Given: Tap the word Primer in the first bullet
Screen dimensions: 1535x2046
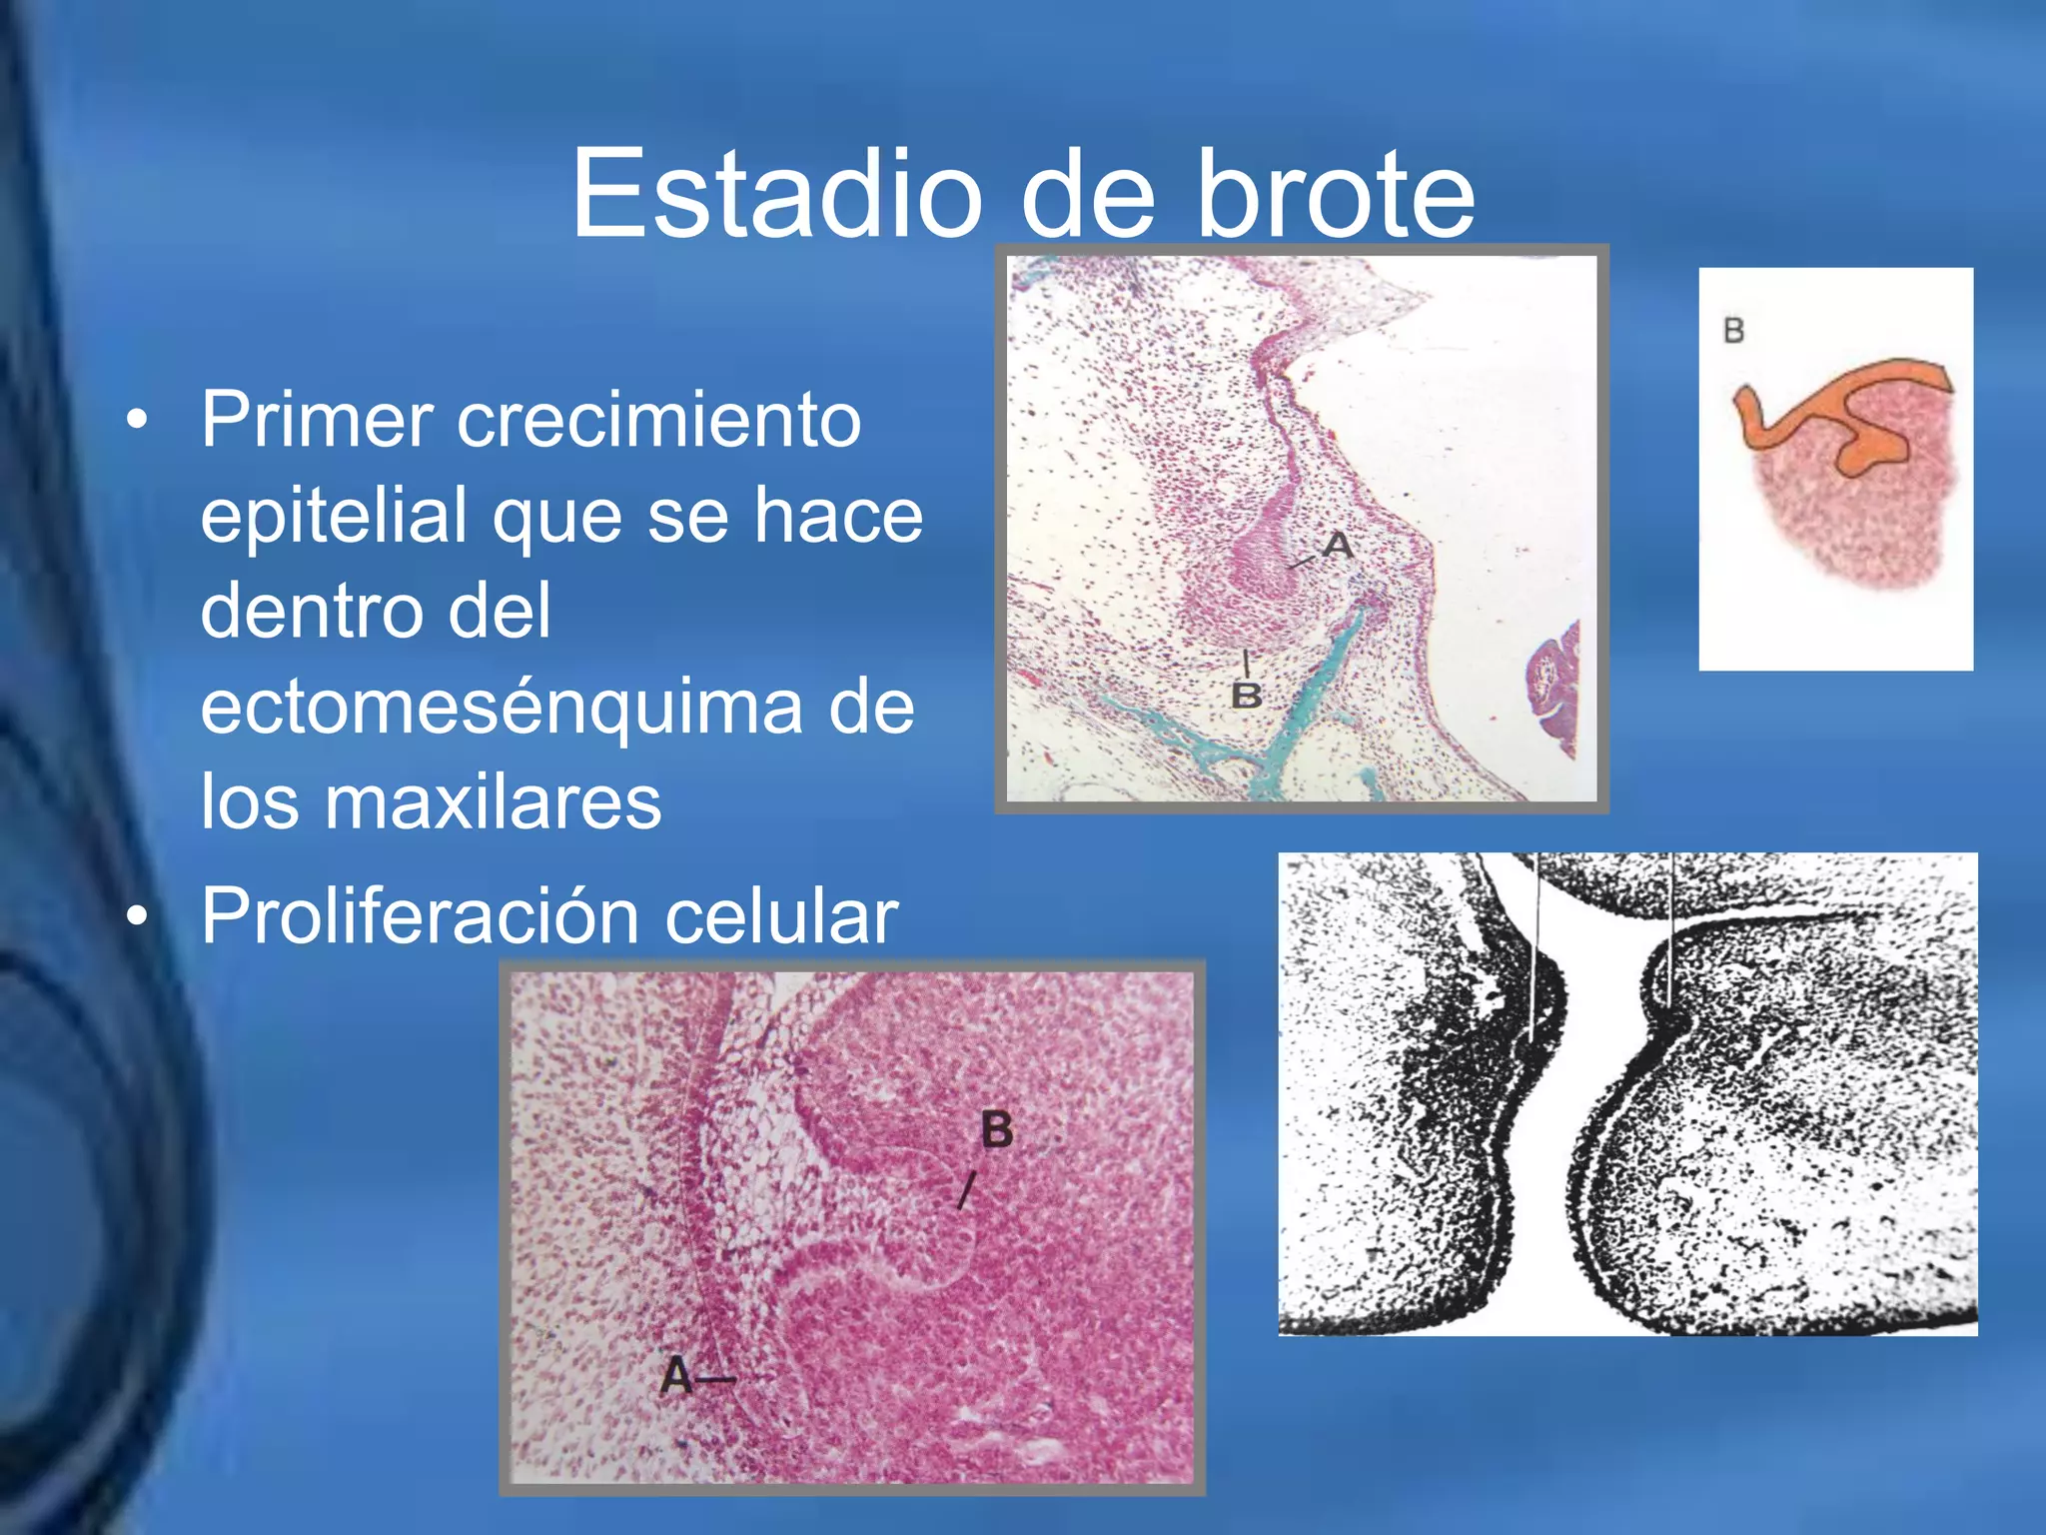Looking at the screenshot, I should pos(318,420).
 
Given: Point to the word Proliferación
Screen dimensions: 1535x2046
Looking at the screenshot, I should pos(421,915).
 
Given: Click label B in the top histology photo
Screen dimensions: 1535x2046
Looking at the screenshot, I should pos(1246,695).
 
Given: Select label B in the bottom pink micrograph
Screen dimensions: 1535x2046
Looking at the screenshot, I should pos(997,1130).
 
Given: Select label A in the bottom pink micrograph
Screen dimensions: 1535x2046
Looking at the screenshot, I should pos(676,1377).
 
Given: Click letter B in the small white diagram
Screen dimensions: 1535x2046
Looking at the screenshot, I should pos(1733,331).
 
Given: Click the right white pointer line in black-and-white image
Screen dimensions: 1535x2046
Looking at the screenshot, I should pos(1671,929).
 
